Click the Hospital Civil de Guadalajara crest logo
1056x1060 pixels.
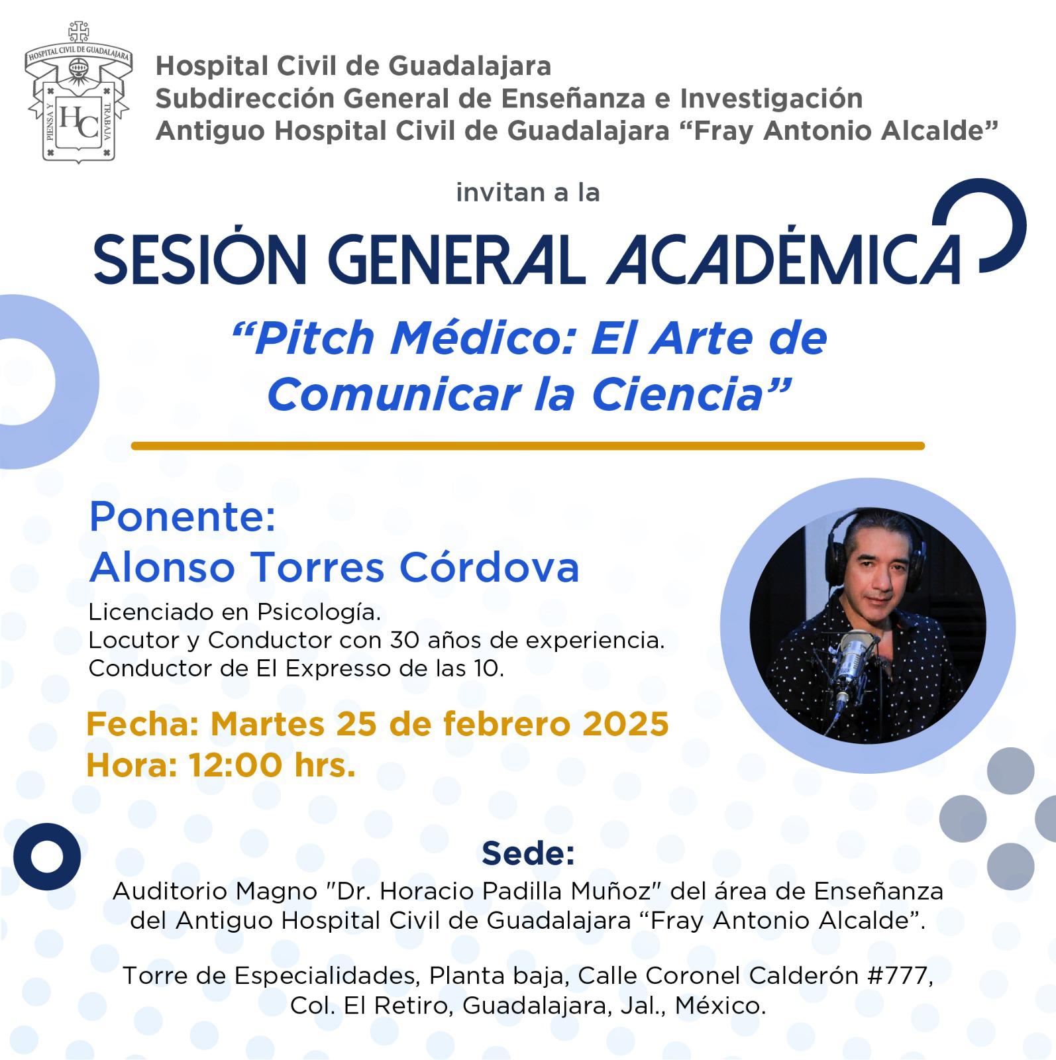click(78, 92)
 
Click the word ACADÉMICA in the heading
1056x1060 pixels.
click(784, 258)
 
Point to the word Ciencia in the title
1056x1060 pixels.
click(678, 394)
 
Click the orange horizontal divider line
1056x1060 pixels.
click(527, 446)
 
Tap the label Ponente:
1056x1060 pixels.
click(182, 517)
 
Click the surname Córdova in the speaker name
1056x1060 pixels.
click(489, 567)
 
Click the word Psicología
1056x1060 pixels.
click(319, 612)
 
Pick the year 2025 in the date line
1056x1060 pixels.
click(625, 723)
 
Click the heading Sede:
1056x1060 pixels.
click(528, 854)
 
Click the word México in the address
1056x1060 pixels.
click(720, 1006)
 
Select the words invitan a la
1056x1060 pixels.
click(528, 193)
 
